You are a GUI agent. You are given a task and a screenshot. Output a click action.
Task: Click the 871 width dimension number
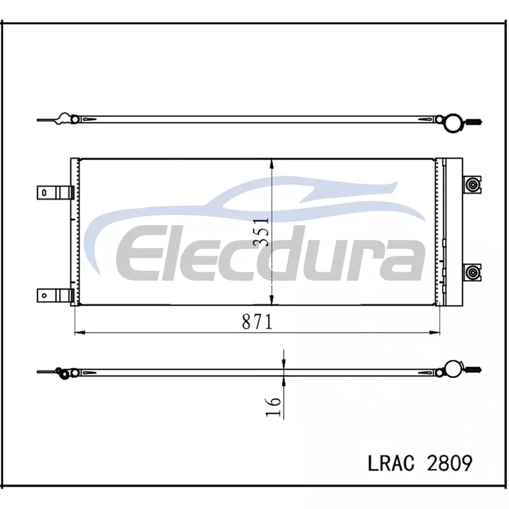(x=257, y=322)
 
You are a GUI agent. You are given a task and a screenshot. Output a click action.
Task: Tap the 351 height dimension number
(x=261, y=232)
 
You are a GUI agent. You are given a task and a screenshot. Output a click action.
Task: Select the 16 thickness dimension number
(x=273, y=407)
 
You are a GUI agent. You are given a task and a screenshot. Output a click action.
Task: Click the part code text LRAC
(x=391, y=463)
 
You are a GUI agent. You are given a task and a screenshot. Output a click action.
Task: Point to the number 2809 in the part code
(x=450, y=463)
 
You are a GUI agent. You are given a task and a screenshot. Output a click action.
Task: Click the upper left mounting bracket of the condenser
(x=55, y=193)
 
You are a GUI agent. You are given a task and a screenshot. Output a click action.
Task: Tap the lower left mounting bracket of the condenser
(x=55, y=295)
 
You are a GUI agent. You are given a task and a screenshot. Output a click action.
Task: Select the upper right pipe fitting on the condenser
(x=472, y=185)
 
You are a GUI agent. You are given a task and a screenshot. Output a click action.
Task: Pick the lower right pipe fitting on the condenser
(x=472, y=272)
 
